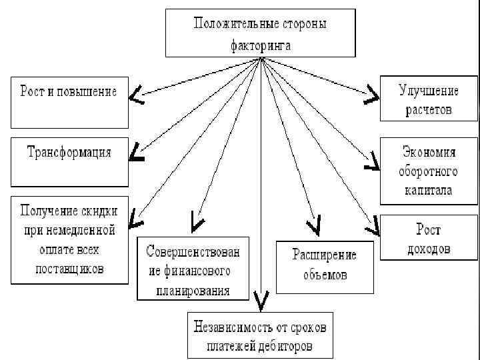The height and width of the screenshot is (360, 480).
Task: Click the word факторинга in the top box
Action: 261,46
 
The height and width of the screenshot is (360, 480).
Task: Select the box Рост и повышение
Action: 69,102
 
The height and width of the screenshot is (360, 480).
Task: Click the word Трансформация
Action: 69,151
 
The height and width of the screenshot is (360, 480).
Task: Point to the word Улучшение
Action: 429,90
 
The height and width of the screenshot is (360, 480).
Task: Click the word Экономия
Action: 429,151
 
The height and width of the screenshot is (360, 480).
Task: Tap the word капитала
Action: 429,190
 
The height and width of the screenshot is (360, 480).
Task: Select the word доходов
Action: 429,249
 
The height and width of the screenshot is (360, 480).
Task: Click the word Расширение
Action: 325,255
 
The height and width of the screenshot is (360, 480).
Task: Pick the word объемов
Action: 325,274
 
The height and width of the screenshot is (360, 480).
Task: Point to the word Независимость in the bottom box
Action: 232,327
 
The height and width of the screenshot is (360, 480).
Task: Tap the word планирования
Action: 193,291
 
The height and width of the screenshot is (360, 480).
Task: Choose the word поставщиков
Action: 69,269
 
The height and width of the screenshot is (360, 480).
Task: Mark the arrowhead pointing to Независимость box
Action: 262,303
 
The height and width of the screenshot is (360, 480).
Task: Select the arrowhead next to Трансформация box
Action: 137,154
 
